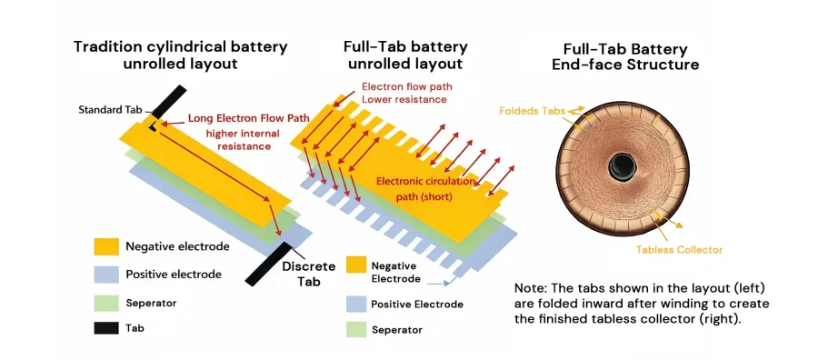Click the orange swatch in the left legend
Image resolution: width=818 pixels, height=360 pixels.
click(105, 246)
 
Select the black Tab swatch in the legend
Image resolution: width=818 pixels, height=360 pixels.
click(105, 326)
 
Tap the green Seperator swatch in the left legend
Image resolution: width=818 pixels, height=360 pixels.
click(105, 300)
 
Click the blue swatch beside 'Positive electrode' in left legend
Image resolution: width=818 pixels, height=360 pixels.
click(105, 274)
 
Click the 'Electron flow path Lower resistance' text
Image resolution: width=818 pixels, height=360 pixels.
click(406, 93)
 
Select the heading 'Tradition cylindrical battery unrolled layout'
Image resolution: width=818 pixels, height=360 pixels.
click(180, 55)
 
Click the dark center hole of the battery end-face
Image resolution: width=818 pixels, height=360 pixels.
click(623, 165)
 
